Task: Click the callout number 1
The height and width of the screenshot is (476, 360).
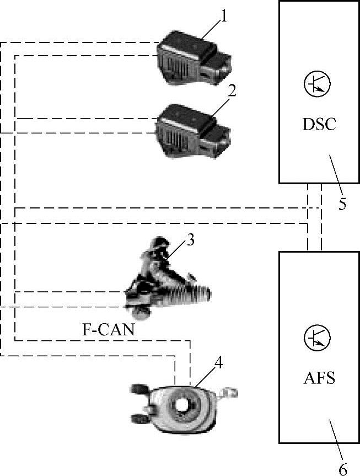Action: click(x=223, y=17)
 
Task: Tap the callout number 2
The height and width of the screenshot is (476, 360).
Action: click(x=232, y=91)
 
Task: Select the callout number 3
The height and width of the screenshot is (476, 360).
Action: click(x=190, y=240)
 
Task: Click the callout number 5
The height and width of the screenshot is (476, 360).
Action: click(x=342, y=204)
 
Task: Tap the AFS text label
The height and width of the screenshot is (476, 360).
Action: click(x=319, y=379)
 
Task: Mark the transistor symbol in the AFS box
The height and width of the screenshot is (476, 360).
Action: click(x=317, y=338)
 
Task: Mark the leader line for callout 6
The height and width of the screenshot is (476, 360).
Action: click(x=336, y=436)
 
